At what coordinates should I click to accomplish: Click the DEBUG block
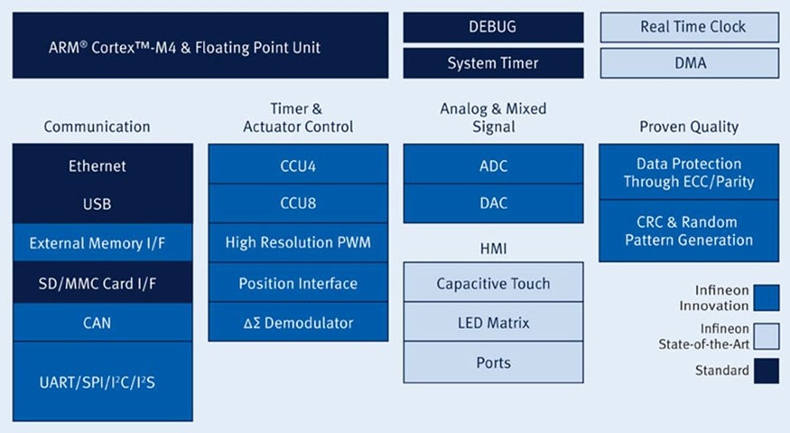pyautogui.click(x=493, y=27)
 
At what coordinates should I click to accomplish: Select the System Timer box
pyautogui.click(x=493, y=63)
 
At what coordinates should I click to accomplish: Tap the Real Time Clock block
pyautogui.click(x=689, y=27)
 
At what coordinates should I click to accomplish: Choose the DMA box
pyautogui.click(x=689, y=63)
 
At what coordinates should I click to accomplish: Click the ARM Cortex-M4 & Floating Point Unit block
pyautogui.click(x=200, y=45)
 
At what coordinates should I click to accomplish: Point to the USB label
pyautogui.click(x=98, y=204)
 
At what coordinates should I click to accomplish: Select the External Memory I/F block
pyautogui.click(x=103, y=243)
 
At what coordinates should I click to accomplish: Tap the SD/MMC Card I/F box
pyautogui.click(x=103, y=283)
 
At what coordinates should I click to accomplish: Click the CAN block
pyautogui.click(x=103, y=323)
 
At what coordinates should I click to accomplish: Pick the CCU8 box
pyautogui.click(x=298, y=203)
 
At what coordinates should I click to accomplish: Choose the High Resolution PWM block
pyautogui.click(x=298, y=243)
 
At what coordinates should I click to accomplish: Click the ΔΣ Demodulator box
pyautogui.click(x=298, y=322)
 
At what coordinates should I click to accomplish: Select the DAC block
pyautogui.click(x=493, y=203)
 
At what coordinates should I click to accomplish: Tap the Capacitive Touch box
pyautogui.click(x=493, y=282)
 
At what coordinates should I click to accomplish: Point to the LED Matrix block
pyautogui.click(x=493, y=322)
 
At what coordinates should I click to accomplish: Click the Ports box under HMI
pyautogui.click(x=493, y=362)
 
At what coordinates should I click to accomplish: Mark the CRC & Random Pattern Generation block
pyautogui.click(x=689, y=231)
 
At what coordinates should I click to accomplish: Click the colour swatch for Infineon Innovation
pyautogui.click(x=767, y=297)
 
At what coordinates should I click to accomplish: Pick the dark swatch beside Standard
pyautogui.click(x=767, y=371)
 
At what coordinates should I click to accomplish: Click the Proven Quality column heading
pyautogui.click(x=689, y=127)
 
